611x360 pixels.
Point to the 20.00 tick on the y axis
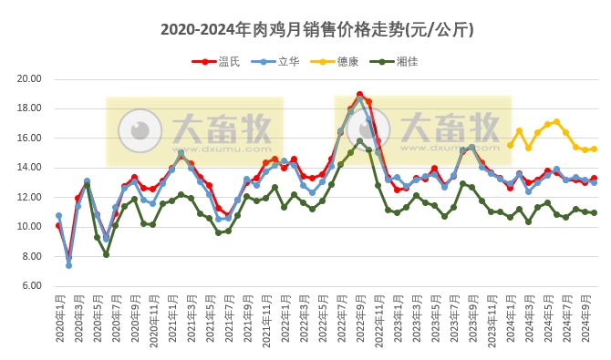29,78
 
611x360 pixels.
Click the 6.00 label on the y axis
31,286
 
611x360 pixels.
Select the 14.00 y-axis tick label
29,168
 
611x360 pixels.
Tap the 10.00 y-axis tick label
29,227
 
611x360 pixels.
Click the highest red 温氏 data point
360,94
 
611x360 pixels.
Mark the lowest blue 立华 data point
68,265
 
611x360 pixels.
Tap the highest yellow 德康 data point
556,121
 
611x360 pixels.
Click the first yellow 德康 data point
510,145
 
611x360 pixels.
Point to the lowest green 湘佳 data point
106,254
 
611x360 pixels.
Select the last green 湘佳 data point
594,212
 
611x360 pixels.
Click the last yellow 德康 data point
594,149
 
